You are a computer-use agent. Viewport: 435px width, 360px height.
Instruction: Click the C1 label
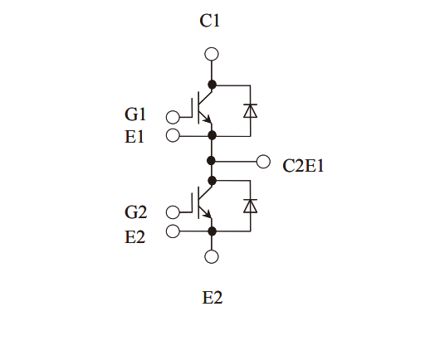coord(209,21)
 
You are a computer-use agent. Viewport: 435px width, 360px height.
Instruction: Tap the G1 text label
coord(135,114)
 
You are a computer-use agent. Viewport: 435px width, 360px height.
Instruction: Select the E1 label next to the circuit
coord(134,137)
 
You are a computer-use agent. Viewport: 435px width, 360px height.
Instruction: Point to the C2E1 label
coord(303,166)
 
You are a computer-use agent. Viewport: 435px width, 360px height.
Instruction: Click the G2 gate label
coord(135,212)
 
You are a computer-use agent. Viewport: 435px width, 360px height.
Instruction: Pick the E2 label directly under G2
coord(134,237)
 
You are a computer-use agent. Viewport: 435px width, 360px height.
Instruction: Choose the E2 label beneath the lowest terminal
coord(213,298)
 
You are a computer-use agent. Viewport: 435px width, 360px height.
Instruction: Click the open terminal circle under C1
coord(212,54)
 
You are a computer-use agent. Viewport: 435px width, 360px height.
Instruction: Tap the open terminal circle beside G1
coord(173,117)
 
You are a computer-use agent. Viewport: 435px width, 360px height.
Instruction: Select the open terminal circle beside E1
coord(173,135)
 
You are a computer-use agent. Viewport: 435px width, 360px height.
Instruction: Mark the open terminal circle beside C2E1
coord(263,161)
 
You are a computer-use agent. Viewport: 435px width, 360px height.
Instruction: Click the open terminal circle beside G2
coord(173,212)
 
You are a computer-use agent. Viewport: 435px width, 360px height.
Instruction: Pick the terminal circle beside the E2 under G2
coord(173,231)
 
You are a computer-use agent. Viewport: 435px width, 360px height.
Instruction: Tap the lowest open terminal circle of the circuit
coord(212,256)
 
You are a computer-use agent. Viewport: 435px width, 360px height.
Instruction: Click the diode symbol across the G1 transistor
coord(250,110)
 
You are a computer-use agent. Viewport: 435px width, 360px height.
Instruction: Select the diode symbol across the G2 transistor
coord(250,206)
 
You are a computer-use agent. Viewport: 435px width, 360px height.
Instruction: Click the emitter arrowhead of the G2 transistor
coord(208,214)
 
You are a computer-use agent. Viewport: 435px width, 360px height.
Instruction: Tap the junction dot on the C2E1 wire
coord(212,160)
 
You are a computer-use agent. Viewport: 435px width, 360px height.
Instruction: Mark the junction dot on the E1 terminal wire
coord(212,135)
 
